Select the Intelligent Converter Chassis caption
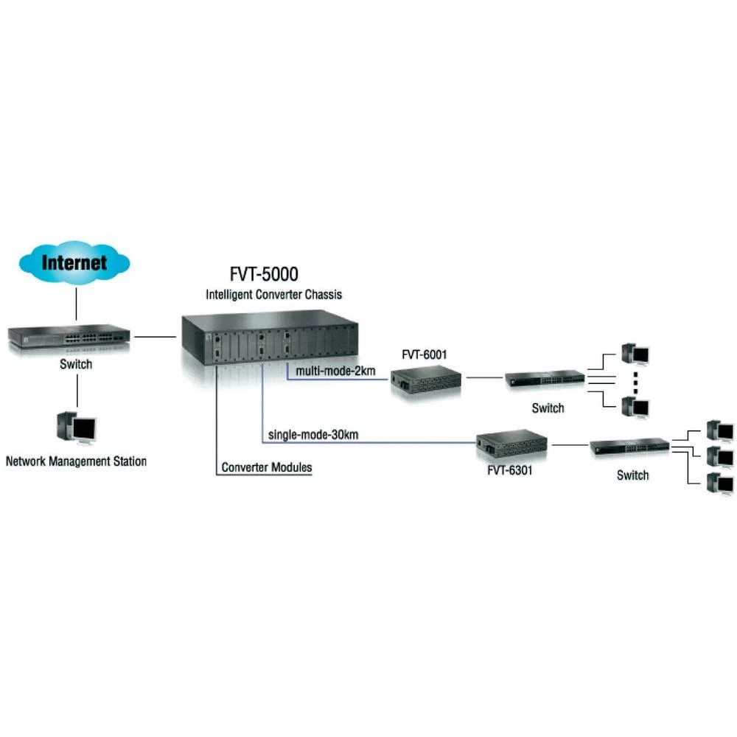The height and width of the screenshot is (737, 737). click(x=273, y=295)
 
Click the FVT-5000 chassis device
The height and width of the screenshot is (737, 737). click(x=270, y=339)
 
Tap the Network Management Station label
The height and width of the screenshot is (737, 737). click(x=76, y=462)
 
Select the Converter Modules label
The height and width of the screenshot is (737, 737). click(x=267, y=467)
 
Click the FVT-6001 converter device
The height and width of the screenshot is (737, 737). click(x=425, y=380)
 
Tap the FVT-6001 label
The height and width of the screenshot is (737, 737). click(x=424, y=354)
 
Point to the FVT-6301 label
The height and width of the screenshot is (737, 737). click(x=510, y=469)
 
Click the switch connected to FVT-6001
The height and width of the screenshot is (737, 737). click(x=545, y=380)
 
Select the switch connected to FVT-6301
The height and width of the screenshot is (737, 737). click(x=629, y=447)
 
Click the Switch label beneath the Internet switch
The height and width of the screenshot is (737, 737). click(x=76, y=364)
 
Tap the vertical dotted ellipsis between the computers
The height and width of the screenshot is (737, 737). click(x=634, y=380)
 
